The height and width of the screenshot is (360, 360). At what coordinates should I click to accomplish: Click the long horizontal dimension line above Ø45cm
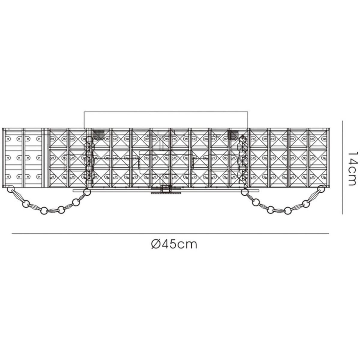tap(170, 233)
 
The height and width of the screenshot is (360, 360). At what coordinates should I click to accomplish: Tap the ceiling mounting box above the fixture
tap(166, 120)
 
